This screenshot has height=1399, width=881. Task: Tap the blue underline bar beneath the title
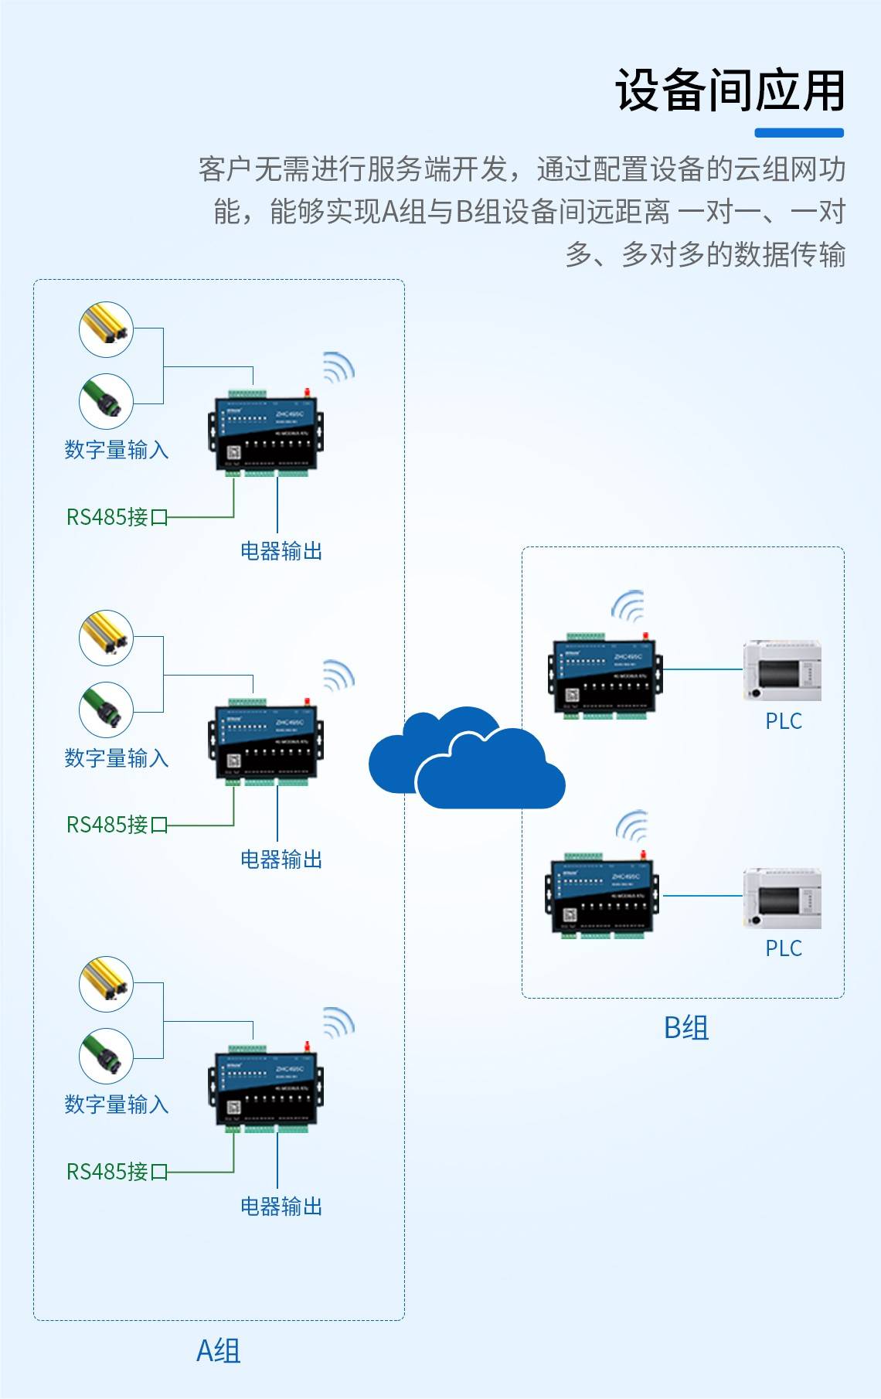798,133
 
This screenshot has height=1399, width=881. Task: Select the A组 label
219,1351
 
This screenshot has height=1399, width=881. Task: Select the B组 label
686,1028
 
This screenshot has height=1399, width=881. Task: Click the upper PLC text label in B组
783,721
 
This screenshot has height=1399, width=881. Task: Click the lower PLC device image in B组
781,898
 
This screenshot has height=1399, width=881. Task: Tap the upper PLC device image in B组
781,671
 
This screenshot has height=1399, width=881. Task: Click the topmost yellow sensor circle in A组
107,330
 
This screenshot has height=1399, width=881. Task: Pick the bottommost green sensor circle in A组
107,1057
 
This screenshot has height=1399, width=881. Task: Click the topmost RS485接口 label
117,517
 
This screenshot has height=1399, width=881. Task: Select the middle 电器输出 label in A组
281,859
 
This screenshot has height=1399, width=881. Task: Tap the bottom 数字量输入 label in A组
117,1105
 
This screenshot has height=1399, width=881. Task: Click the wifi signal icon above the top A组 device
338,368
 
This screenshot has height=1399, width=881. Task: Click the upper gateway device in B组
605,676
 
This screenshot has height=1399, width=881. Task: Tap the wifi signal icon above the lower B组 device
631,827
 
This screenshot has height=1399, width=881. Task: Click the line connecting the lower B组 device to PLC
702,896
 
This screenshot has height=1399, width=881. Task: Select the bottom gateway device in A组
265,1088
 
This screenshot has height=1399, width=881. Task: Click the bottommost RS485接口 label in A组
117,1172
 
